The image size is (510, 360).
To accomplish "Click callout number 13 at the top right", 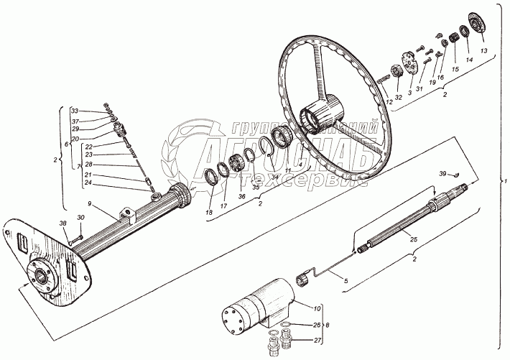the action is point(483,51).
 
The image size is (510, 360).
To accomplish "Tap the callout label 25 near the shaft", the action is point(414,239).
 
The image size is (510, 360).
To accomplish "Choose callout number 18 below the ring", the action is point(208,213).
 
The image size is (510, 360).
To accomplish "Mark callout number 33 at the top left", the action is point(74,111).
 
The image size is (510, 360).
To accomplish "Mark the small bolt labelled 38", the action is point(79,237).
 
